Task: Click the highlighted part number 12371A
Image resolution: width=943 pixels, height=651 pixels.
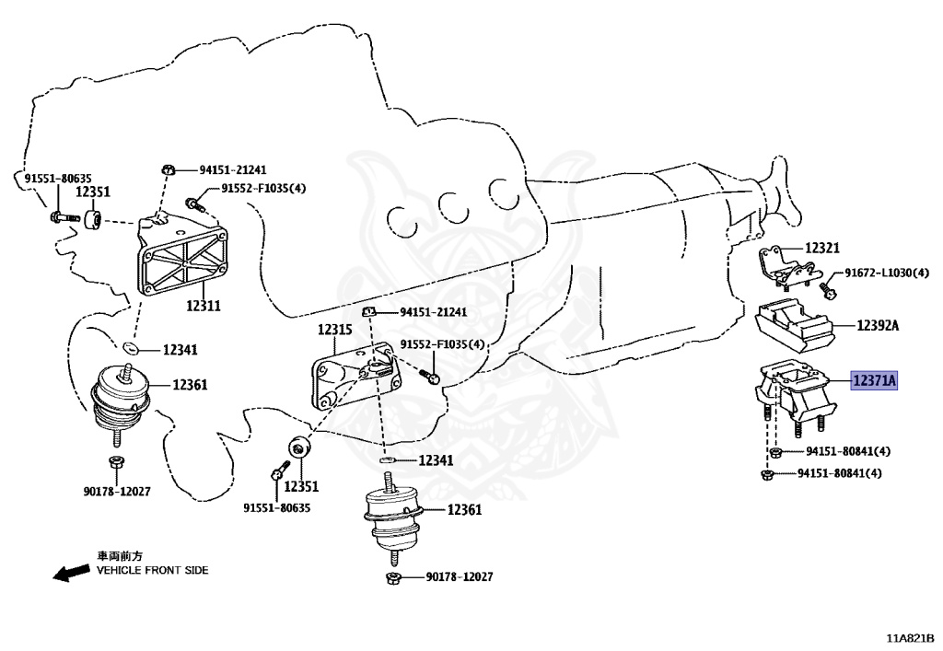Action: [874, 379]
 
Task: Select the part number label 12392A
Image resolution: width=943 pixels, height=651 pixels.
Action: [878, 325]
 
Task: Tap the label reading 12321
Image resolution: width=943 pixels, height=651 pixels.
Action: [822, 249]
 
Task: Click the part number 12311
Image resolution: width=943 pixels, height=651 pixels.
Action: [203, 305]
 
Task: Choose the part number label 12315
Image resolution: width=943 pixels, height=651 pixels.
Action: [335, 329]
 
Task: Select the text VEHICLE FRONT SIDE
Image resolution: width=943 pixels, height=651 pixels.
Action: [153, 570]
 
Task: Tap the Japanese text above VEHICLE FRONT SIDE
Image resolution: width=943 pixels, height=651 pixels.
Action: [120, 556]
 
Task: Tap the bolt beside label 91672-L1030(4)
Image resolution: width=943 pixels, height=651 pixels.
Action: [826, 289]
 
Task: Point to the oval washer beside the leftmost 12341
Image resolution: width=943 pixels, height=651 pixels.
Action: [131, 348]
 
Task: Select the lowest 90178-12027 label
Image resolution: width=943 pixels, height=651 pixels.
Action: [459, 576]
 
